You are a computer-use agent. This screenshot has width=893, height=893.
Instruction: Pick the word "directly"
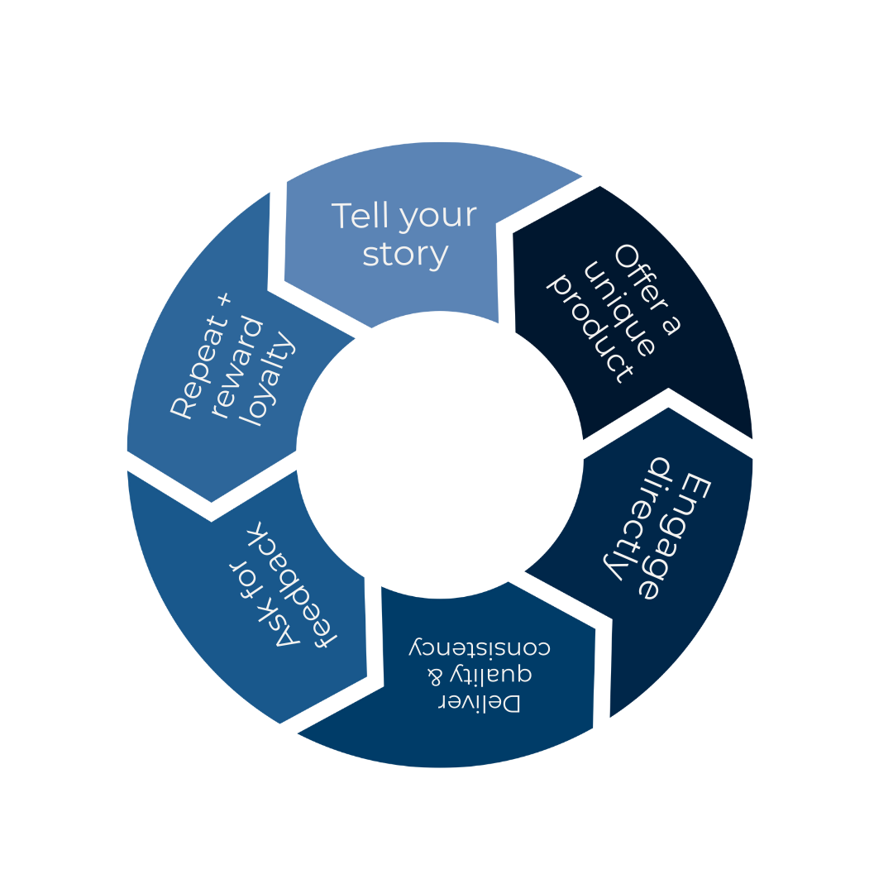(637, 516)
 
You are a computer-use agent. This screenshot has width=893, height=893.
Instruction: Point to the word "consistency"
(480, 647)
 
